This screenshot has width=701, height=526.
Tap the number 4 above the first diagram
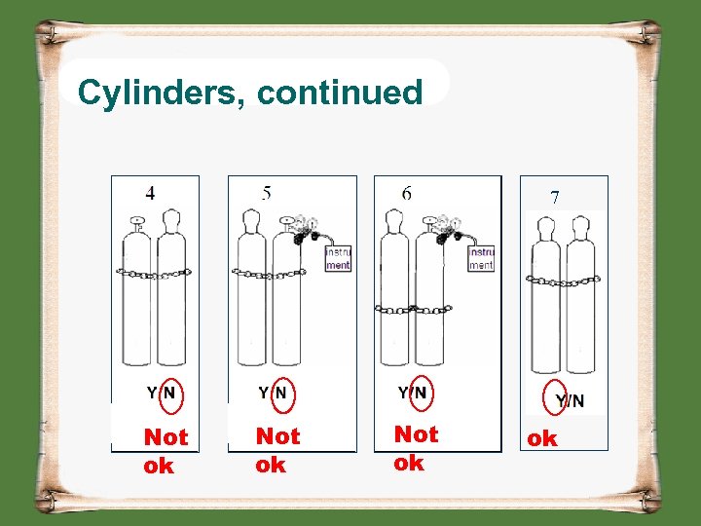coord(149,193)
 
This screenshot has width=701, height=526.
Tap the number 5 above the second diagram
coord(266,193)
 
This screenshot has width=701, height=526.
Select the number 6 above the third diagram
coord(406,193)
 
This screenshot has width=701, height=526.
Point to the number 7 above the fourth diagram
coord(554,197)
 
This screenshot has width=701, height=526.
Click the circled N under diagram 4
coord(169,393)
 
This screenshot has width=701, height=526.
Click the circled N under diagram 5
coord(280,393)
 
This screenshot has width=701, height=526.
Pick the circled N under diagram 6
coord(421,392)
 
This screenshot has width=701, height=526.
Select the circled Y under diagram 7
coord(559,400)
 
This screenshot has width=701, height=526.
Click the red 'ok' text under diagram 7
coord(541,439)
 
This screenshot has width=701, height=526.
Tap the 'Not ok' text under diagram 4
coord(166,451)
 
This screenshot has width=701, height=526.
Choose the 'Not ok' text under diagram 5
coord(277,450)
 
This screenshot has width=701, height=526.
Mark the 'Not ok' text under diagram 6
coord(416,448)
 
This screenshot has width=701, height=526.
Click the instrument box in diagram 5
coord(338,258)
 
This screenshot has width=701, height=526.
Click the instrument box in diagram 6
coord(481,258)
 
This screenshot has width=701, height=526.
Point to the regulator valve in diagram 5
coord(305,228)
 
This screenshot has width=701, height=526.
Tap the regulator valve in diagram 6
coord(447,229)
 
